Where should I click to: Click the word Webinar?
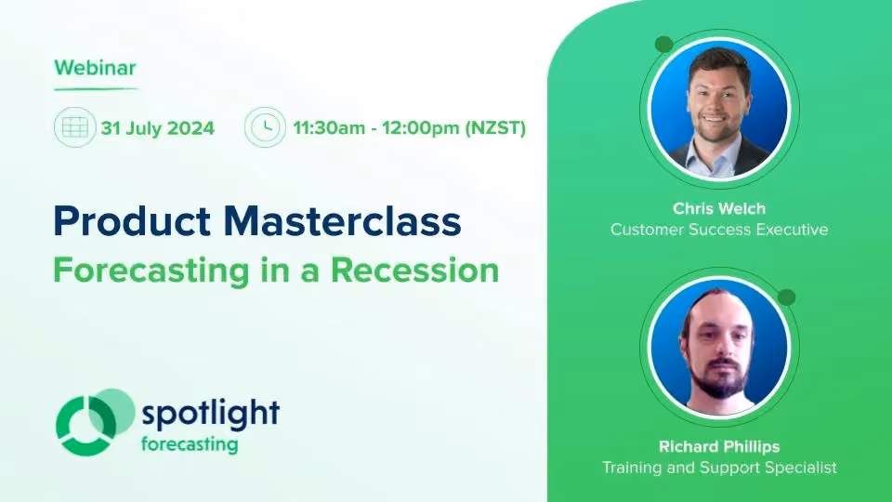[95, 68]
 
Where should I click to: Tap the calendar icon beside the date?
[74, 127]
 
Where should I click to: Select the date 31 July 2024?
[158, 128]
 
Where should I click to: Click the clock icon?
[265, 127]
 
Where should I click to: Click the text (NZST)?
[495, 127]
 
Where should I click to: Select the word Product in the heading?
[132, 221]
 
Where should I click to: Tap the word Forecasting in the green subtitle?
[151, 271]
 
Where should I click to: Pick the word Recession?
[414, 271]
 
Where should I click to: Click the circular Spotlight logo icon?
[95, 422]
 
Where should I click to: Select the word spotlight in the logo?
[211, 413]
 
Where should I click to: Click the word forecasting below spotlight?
[190, 444]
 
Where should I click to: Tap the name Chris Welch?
[719, 208]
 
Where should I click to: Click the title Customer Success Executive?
[719, 230]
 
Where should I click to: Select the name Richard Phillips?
[719, 446]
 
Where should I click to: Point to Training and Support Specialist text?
[719, 468]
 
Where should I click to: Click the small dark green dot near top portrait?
[663, 45]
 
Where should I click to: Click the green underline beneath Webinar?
[96, 89]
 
